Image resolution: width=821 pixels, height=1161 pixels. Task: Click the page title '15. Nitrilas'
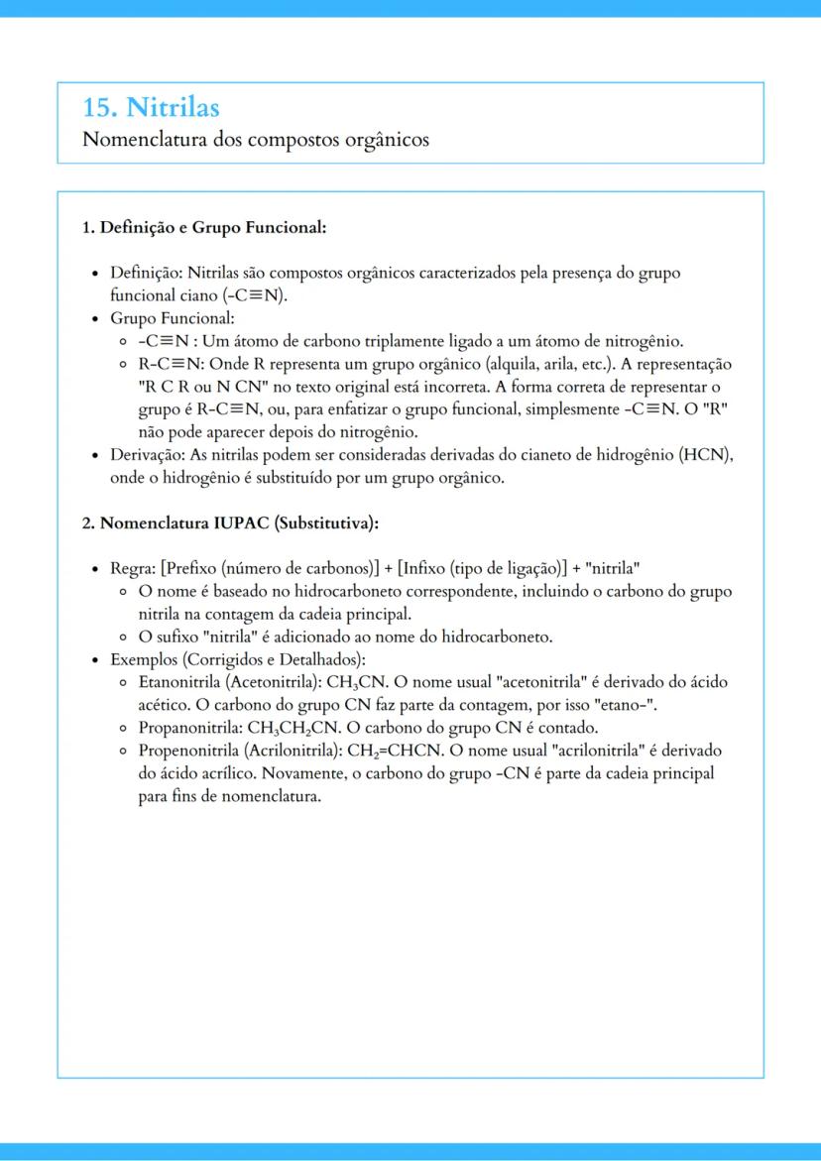[151, 107]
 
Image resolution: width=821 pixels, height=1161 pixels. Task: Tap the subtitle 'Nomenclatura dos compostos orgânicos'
[256, 139]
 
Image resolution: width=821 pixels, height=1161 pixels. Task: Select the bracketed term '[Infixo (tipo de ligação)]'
[481, 569]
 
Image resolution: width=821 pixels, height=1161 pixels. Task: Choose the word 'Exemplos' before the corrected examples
[145, 659]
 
